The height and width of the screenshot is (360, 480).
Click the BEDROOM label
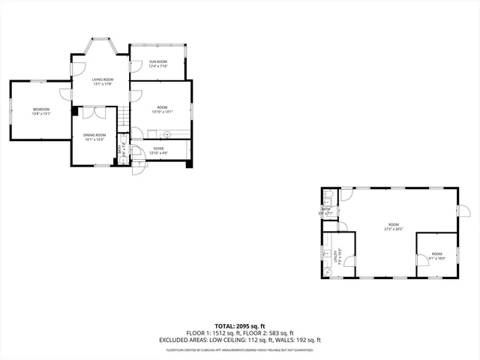point(40,110)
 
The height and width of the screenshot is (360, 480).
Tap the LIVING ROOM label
point(103,79)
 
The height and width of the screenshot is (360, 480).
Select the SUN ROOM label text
point(157,61)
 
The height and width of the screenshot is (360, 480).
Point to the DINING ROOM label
point(94,135)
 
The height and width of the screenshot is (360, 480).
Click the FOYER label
point(158,148)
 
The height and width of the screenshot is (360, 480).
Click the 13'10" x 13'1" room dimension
point(162,112)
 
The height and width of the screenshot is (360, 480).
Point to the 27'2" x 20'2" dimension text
point(394,229)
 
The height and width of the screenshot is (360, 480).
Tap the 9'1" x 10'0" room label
point(437,256)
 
